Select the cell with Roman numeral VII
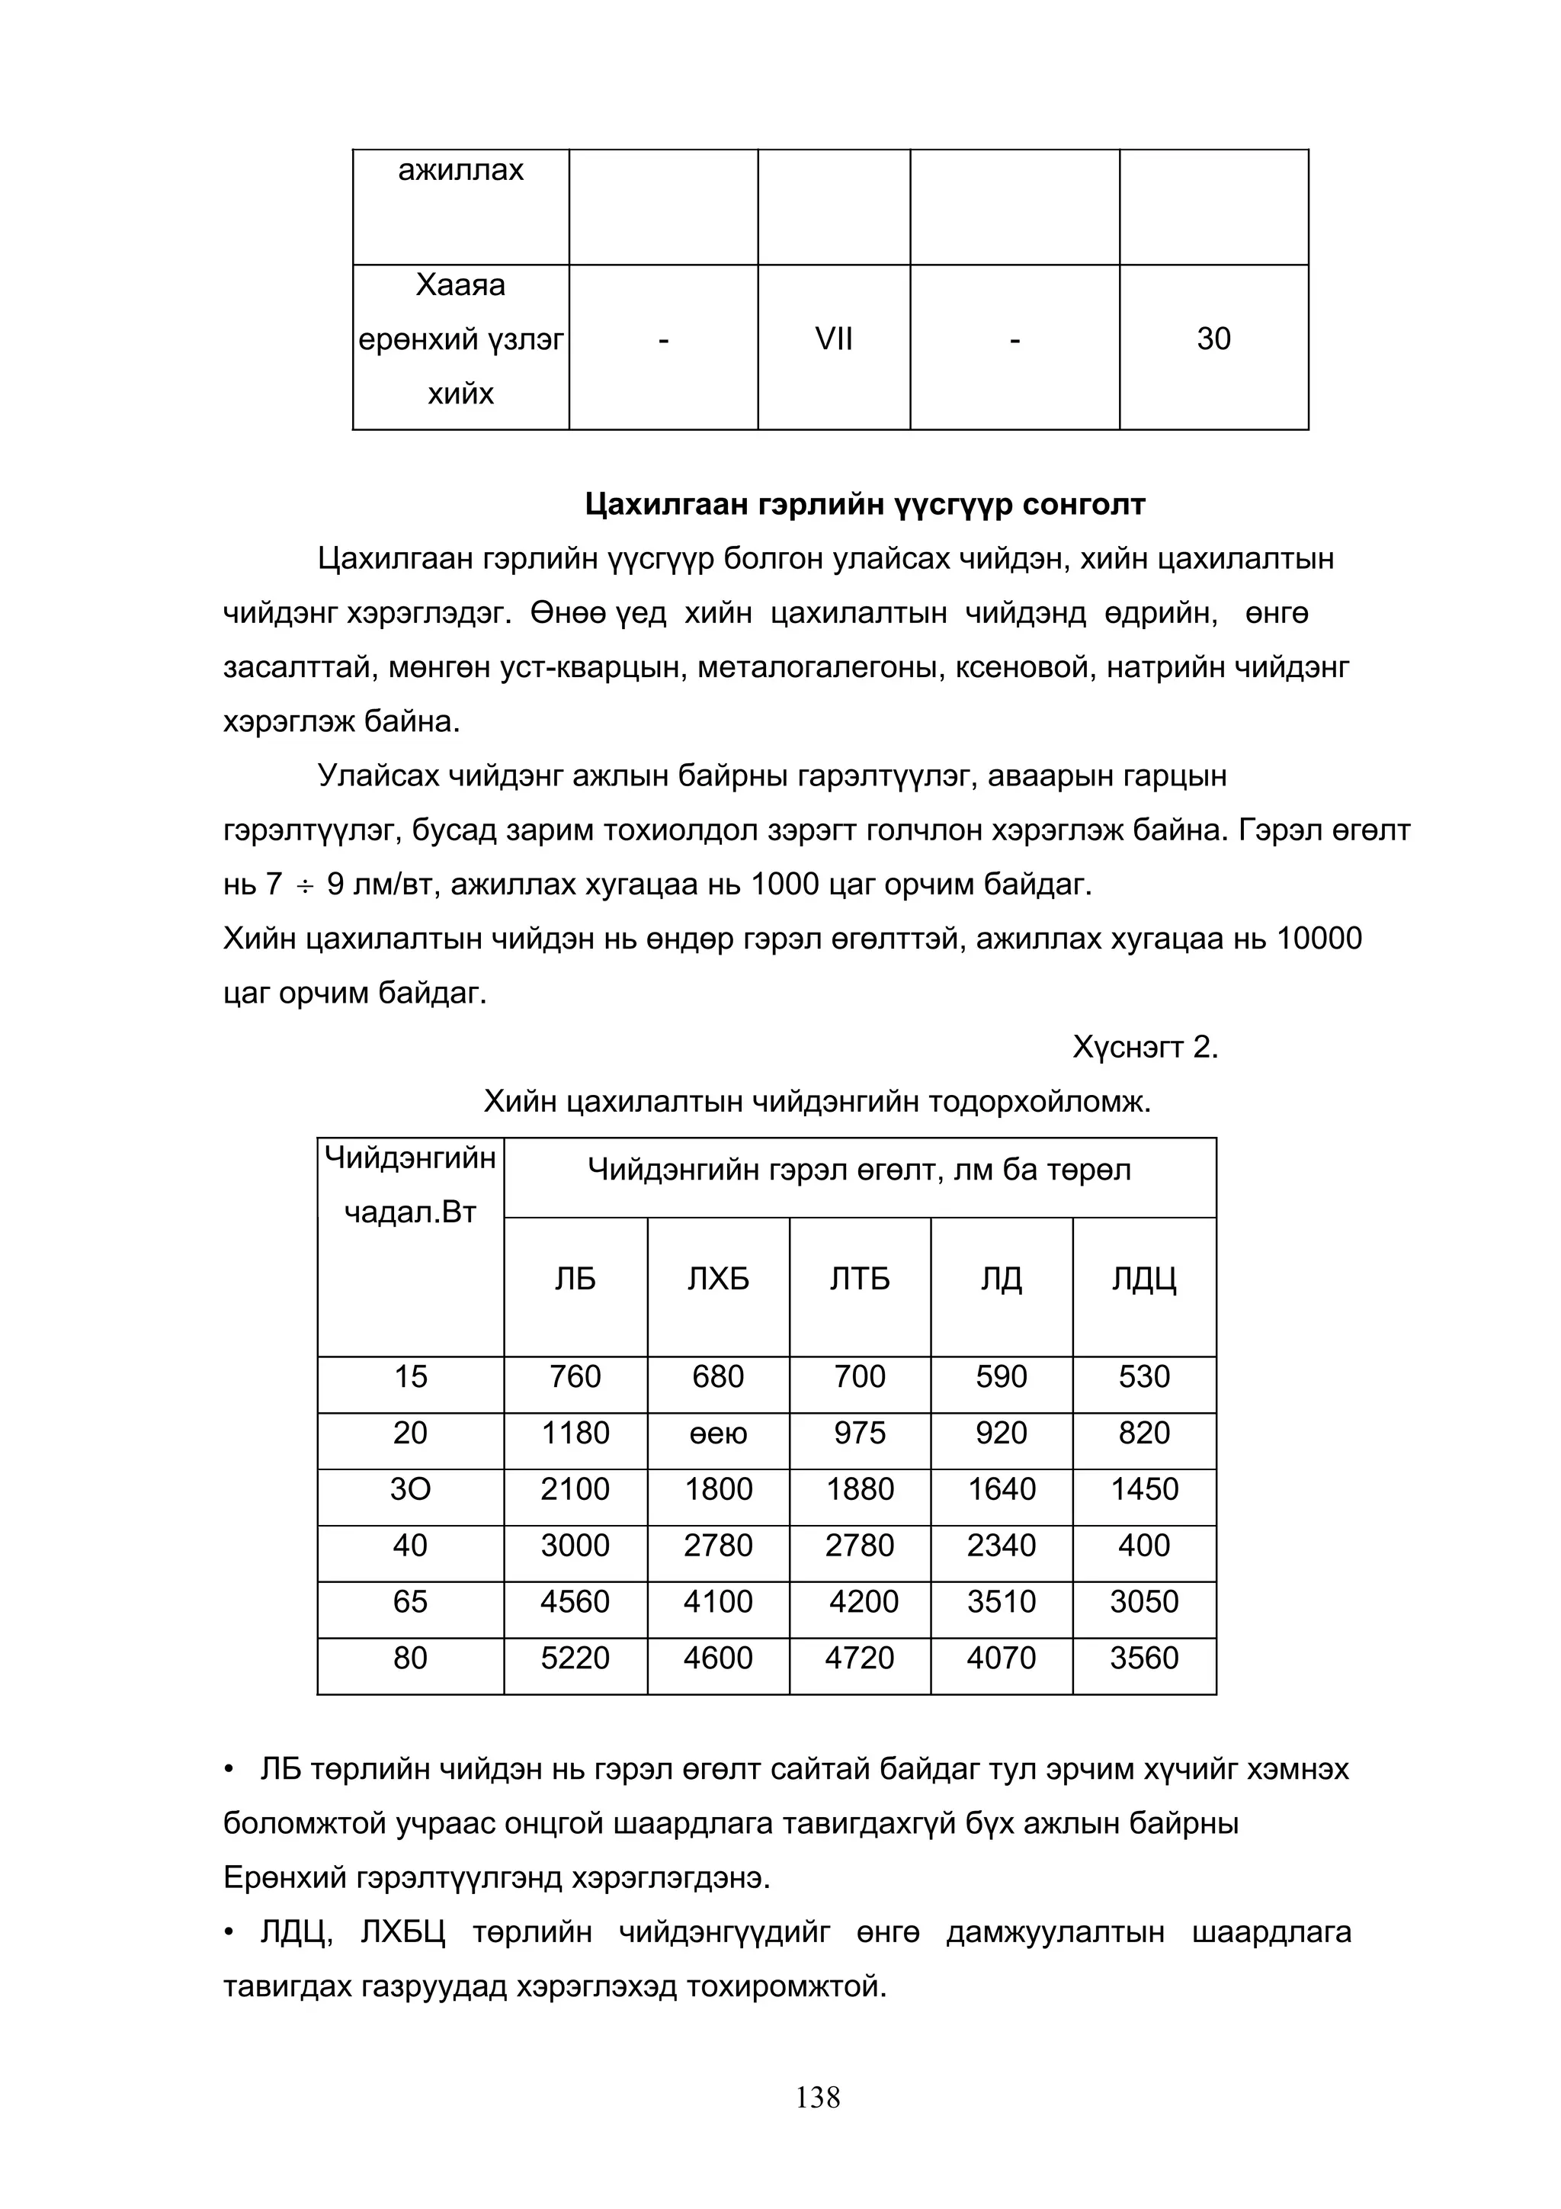coord(833,339)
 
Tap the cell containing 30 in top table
coord(1213,339)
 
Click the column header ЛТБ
coord(859,1279)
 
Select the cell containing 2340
coord(1002,1545)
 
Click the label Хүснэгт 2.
coord(1145,1047)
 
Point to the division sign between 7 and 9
coord(305,885)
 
